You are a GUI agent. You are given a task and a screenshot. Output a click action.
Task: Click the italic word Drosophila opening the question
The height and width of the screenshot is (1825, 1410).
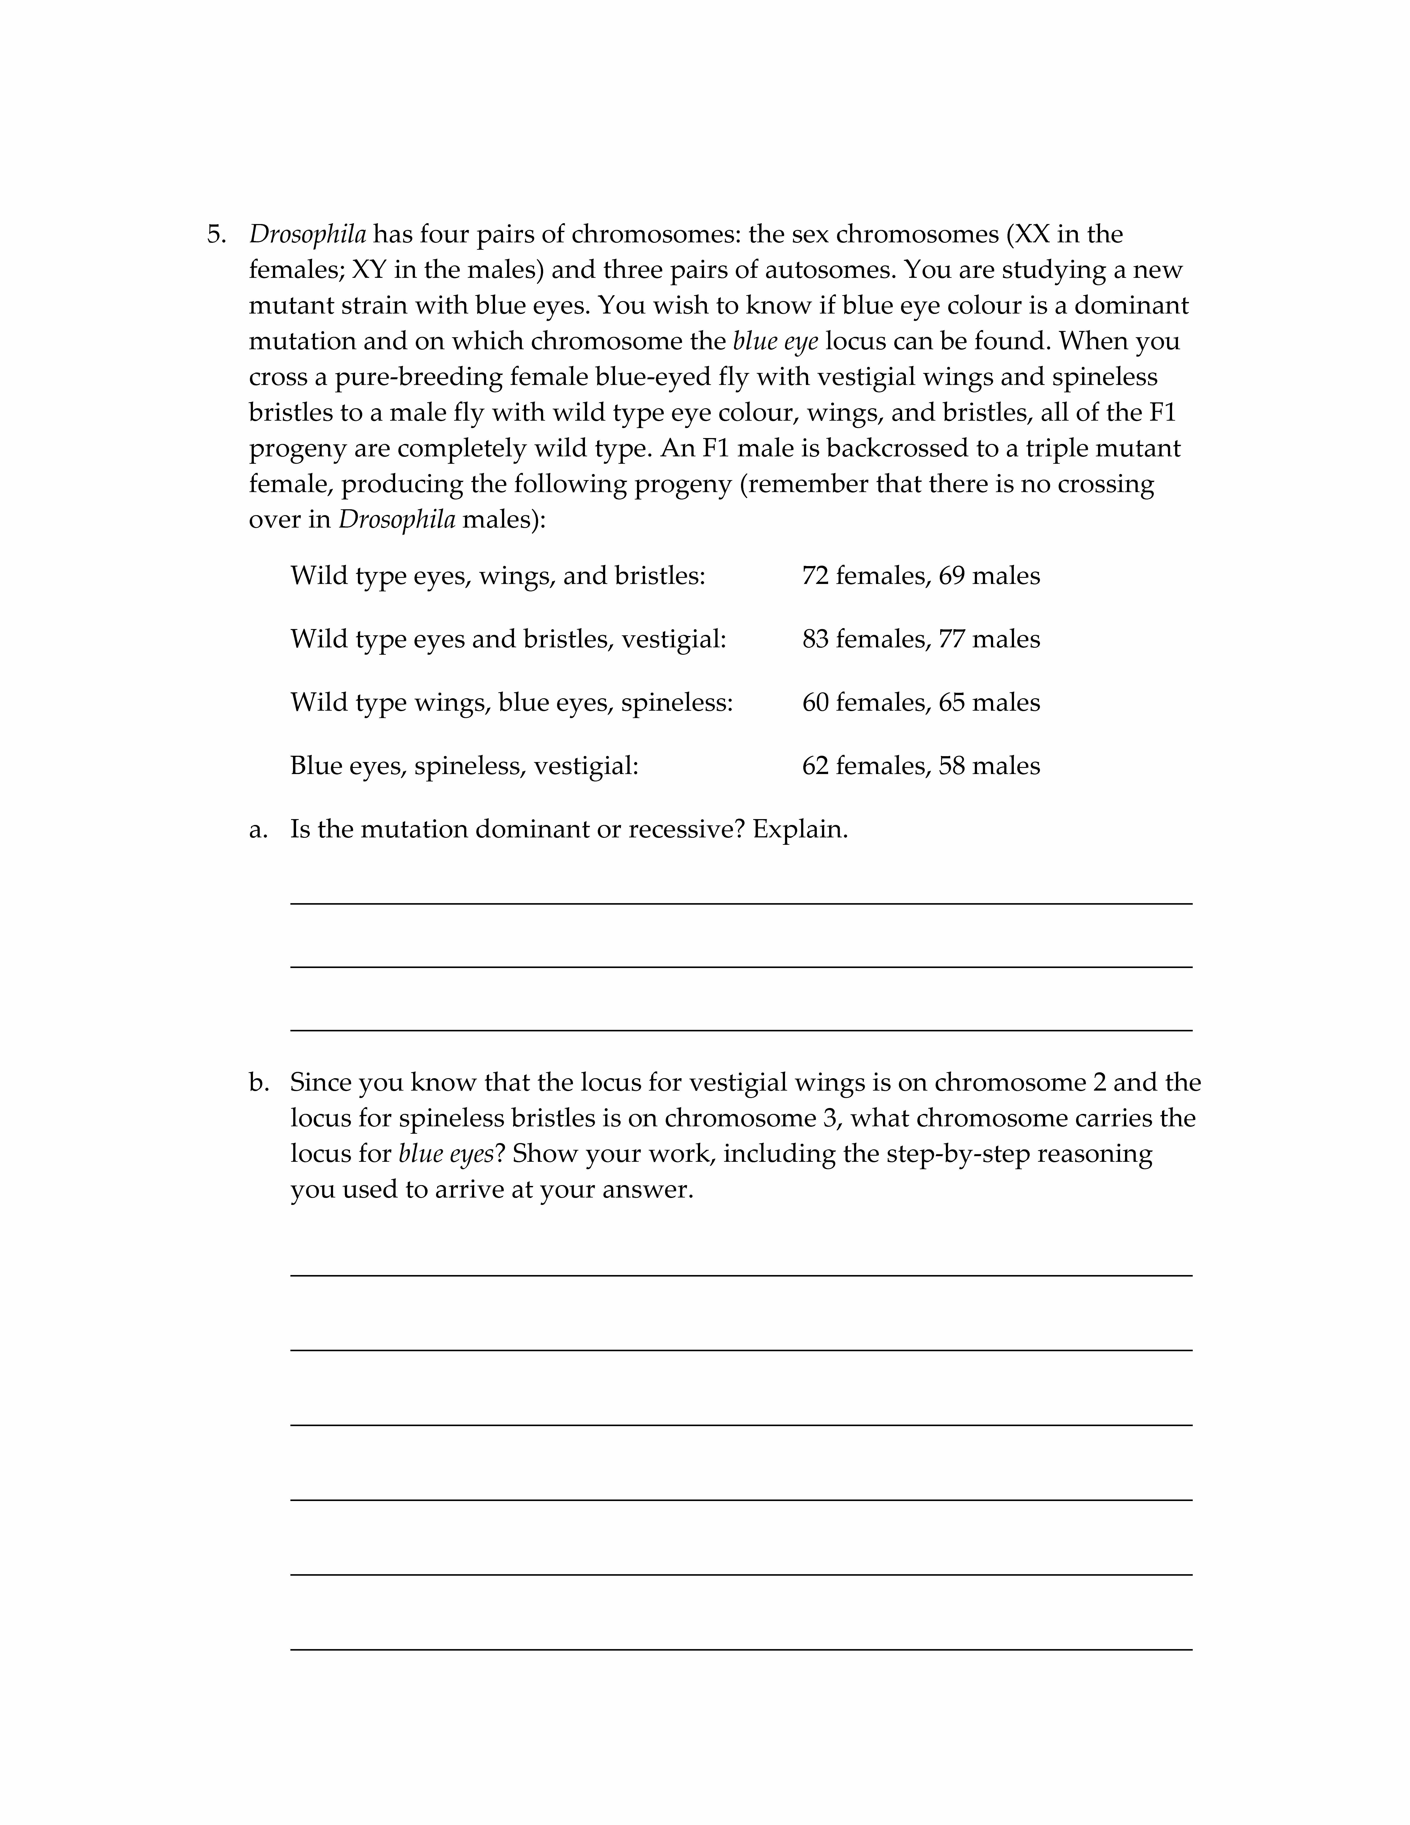point(307,235)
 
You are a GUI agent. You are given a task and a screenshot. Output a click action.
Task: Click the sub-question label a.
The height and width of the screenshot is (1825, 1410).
point(258,830)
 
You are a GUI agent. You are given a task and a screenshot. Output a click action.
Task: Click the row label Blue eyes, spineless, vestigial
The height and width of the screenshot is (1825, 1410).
point(464,766)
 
